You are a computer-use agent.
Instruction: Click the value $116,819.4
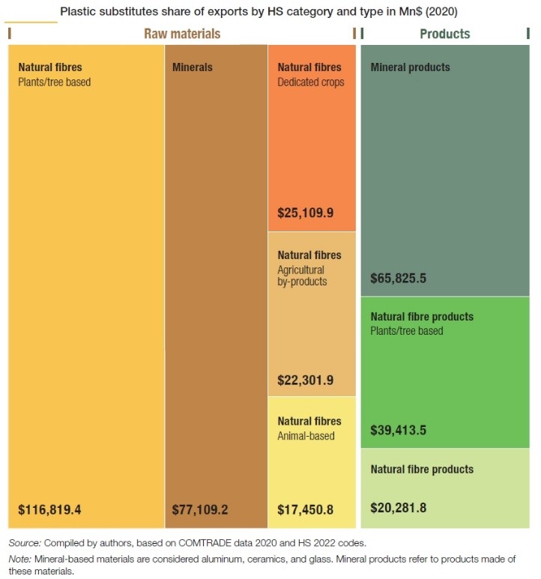pyautogui.click(x=49, y=510)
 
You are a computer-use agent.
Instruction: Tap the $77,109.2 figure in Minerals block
pyautogui.click(x=201, y=510)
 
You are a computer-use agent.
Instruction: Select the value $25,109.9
pyautogui.click(x=306, y=213)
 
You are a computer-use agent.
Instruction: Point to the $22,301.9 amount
pyautogui.click(x=306, y=380)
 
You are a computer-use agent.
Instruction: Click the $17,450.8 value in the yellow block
pyautogui.click(x=306, y=510)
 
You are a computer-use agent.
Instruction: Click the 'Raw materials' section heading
pyautogui.click(x=182, y=34)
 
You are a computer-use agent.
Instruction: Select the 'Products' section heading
pyautogui.click(x=445, y=34)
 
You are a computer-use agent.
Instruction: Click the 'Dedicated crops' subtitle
pyautogui.click(x=311, y=82)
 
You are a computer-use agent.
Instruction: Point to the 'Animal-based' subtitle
pyautogui.click(x=306, y=435)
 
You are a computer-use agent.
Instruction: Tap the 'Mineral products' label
pyautogui.click(x=411, y=67)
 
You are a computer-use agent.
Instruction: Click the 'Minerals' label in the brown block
pyautogui.click(x=193, y=67)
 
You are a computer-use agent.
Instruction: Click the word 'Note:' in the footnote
pyautogui.click(x=20, y=558)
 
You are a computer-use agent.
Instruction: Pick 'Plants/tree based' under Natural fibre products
pyautogui.click(x=407, y=330)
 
